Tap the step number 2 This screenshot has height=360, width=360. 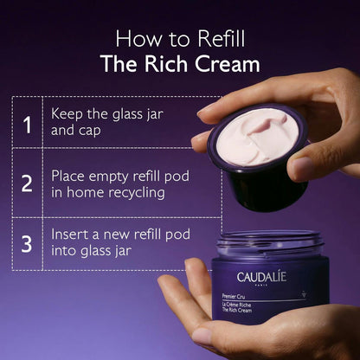coord(28,183)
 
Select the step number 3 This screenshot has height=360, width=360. coord(28,242)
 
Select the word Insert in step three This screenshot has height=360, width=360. coord(69,235)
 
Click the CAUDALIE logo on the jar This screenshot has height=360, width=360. coord(260,278)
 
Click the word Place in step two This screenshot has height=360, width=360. coord(68,175)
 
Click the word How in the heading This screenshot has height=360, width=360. coord(135,38)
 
